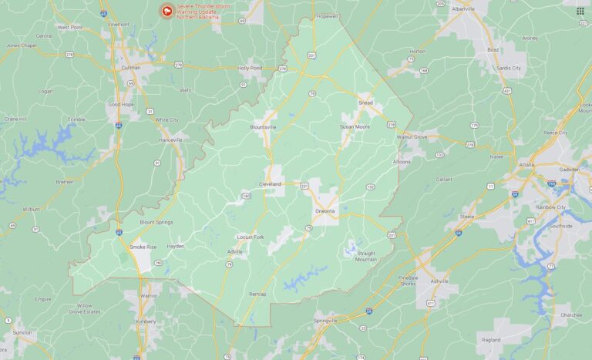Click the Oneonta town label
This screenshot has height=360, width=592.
click(x=325, y=210)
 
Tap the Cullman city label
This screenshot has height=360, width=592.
click(x=131, y=67)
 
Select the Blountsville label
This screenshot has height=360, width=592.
click(x=263, y=127)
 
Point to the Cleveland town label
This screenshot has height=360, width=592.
click(x=270, y=185)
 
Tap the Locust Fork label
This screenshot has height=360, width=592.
click(x=250, y=237)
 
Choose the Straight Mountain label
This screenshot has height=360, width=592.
click(x=366, y=256)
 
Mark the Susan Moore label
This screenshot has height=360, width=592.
click(x=355, y=126)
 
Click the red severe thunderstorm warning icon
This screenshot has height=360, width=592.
click(x=165, y=11)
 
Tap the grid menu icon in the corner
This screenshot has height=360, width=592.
click(x=580, y=11)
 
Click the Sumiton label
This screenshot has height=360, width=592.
click(x=22, y=331)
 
